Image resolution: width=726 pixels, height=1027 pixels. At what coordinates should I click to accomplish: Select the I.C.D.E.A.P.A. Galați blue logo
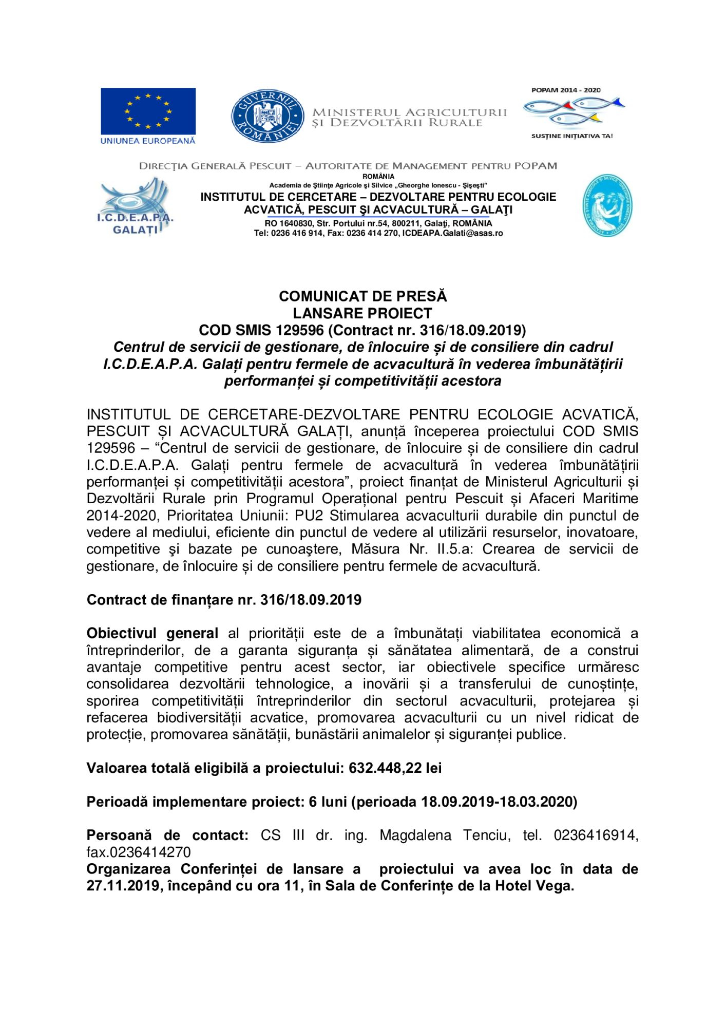coord(135,206)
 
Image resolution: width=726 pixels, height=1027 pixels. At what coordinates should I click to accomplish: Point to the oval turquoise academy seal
coord(607,205)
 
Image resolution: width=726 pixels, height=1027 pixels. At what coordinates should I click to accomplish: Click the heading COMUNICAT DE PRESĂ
coord(362,296)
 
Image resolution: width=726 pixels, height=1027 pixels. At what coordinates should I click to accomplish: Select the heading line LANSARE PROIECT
coord(362,313)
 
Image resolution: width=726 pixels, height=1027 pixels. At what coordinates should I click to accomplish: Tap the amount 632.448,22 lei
coord(395,768)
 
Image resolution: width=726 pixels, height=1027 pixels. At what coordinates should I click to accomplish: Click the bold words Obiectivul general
coord(152,633)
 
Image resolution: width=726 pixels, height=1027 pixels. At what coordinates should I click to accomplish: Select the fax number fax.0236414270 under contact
coord(139,852)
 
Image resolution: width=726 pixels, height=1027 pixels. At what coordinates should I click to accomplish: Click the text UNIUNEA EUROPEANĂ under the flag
coord(148,141)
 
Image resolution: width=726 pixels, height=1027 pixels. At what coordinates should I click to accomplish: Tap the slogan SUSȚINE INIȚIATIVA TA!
coord(571,137)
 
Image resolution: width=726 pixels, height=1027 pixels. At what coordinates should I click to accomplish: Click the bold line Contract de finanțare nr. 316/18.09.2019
coord(224,600)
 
